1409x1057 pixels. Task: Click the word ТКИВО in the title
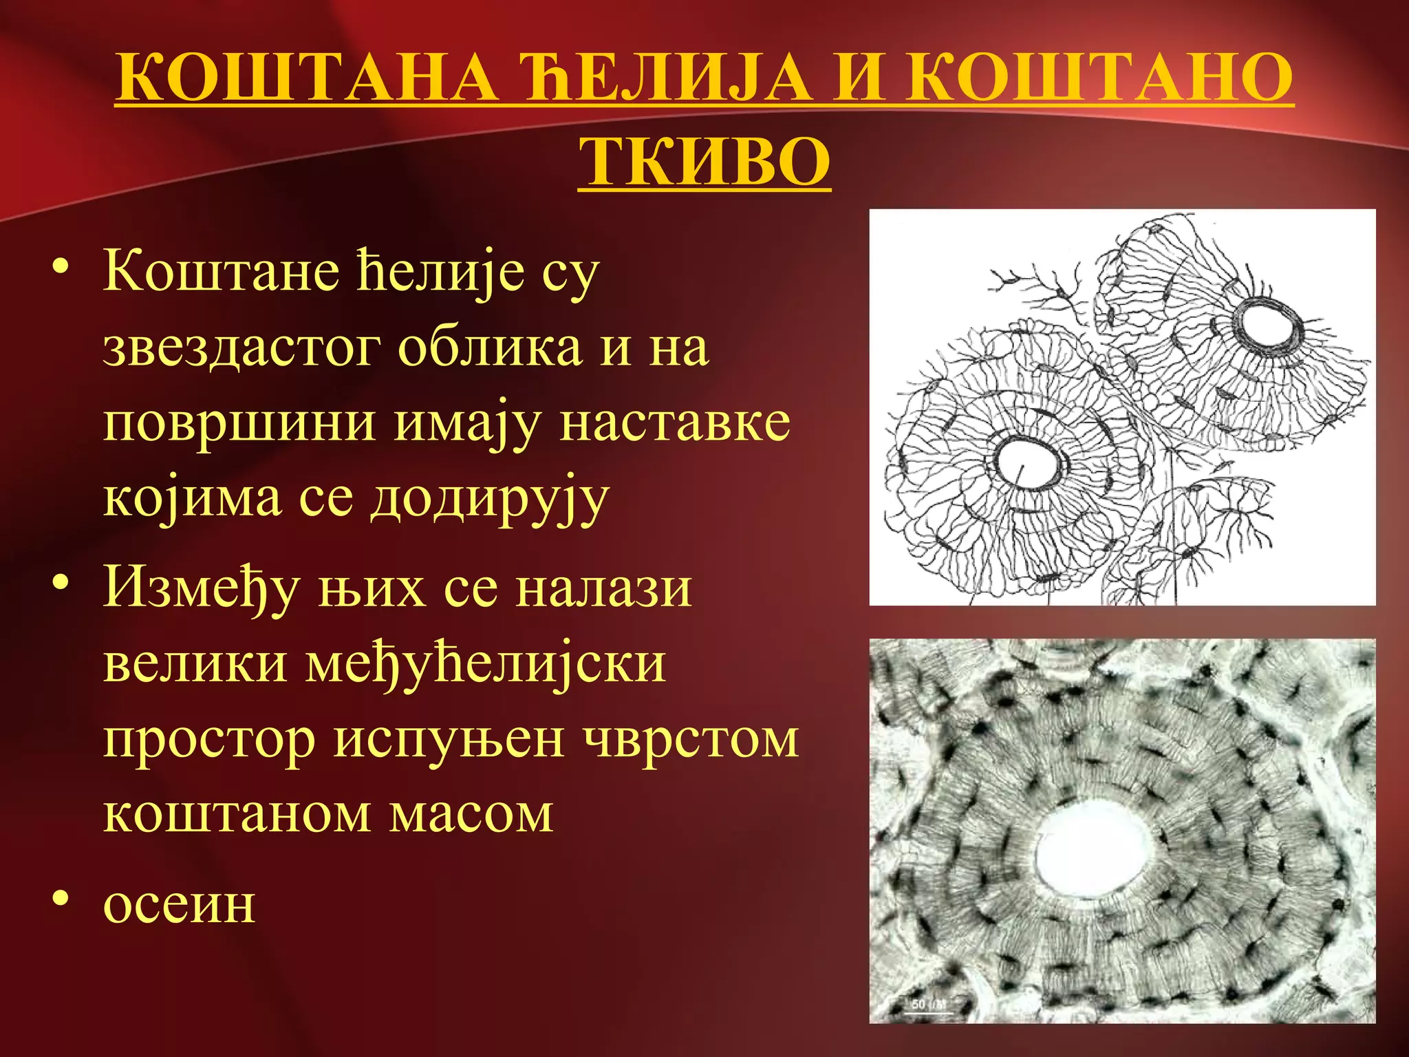(704, 162)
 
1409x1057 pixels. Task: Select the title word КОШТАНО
(1099, 77)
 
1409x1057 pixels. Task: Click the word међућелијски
(486, 663)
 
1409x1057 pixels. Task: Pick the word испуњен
(449, 740)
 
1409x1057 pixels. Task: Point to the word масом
(471, 814)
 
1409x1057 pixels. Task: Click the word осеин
(179, 904)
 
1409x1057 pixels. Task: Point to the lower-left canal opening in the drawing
(1026, 462)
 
